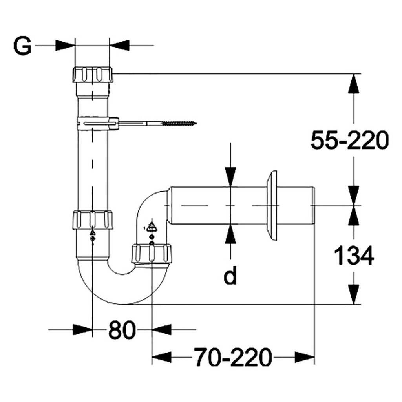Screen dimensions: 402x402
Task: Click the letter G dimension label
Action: click(x=22, y=46)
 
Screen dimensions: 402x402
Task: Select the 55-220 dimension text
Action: click(x=349, y=140)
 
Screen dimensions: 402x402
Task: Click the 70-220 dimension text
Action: click(x=232, y=357)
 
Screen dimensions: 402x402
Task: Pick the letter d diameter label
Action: click(x=230, y=276)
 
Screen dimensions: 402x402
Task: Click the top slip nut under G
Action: click(x=93, y=74)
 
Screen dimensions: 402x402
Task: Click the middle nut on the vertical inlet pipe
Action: click(x=92, y=219)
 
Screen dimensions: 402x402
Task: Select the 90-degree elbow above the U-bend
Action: click(x=151, y=208)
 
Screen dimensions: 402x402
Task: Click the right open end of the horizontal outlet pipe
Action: click(x=314, y=205)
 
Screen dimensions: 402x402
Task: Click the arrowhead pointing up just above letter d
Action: click(x=230, y=235)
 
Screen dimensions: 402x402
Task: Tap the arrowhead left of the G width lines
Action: click(x=65, y=45)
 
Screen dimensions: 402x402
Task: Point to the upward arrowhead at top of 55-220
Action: click(x=354, y=83)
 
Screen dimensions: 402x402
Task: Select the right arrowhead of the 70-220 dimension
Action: click(x=304, y=357)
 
